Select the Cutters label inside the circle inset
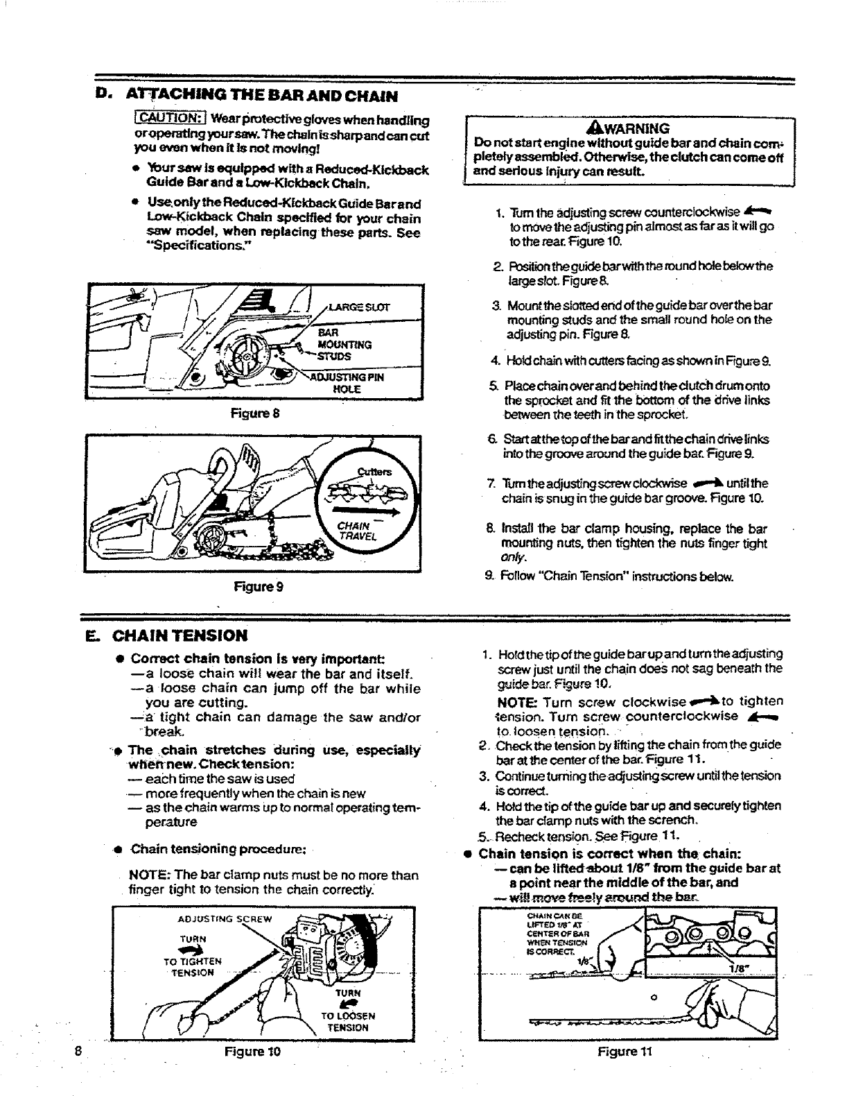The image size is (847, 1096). click(x=374, y=472)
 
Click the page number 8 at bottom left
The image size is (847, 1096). click(x=80, y=1050)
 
